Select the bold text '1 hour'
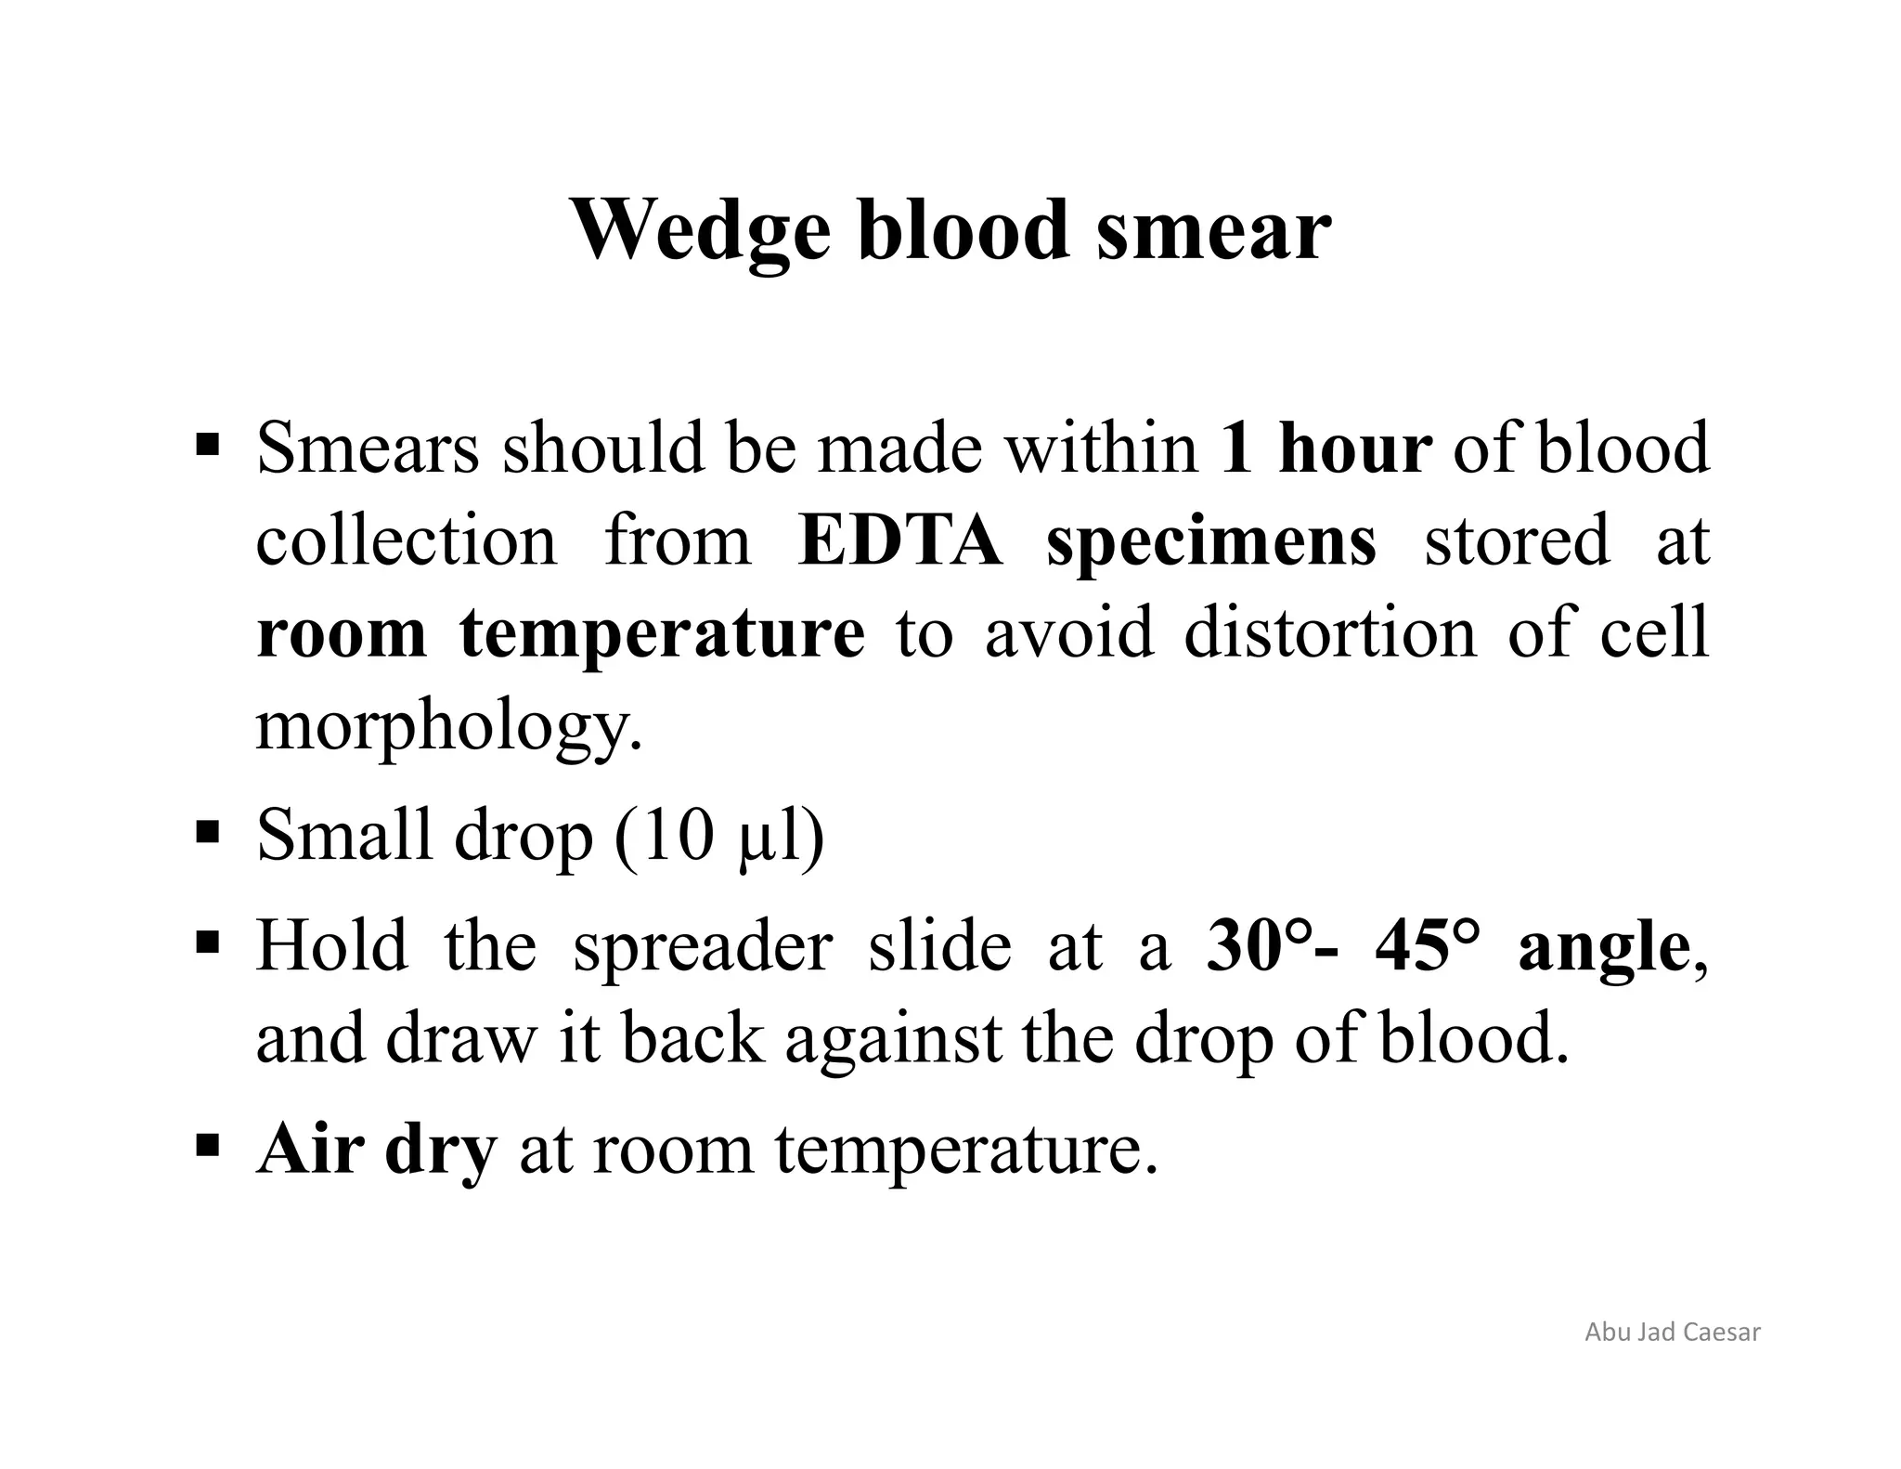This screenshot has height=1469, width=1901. coord(1326,448)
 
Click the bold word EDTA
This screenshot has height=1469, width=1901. coord(899,541)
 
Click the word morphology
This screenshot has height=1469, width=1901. coord(448,727)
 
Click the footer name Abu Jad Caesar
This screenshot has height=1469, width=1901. coord(1672,1332)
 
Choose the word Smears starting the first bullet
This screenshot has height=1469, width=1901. coord(368,448)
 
